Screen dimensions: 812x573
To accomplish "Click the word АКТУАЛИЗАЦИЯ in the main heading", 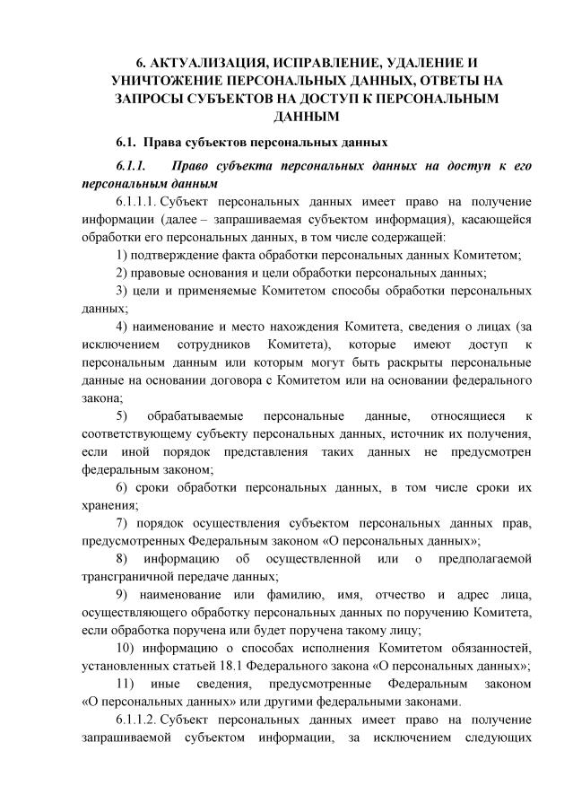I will click(208, 62).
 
